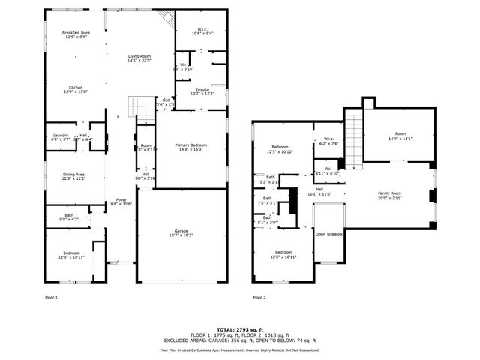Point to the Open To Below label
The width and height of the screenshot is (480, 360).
pyautogui.click(x=329, y=234)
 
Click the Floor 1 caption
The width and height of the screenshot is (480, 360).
pyautogui.click(x=51, y=298)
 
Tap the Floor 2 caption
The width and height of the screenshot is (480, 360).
pyautogui.click(x=259, y=298)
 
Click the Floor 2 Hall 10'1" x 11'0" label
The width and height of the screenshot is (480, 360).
pyautogui.click(x=319, y=191)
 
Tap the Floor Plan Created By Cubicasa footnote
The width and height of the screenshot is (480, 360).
pyautogui.click(x=239, y=349)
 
